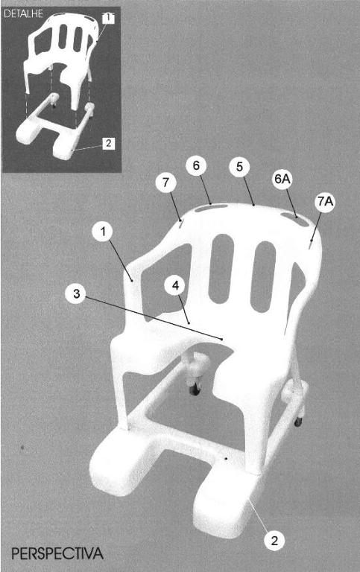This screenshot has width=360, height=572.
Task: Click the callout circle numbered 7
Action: pyautogui.click(x=166, y=182)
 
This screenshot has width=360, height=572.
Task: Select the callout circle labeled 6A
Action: pyautogui.click(x=282, y=179)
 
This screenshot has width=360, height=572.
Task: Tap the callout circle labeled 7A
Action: pyautogui.click(x=324, y=202)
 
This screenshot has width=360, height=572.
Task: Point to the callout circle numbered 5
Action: pyautogui.click(x=239, y=167)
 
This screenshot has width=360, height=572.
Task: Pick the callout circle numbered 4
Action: pyautogui.click(x=175, y=285)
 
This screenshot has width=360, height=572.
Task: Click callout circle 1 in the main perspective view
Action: pyautogui.click(x=103, y=232)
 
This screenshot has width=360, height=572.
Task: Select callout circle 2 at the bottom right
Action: pyautogui.click(x=274, y=541)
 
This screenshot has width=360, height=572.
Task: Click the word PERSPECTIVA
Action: pyautogui.click(x=57, y=553)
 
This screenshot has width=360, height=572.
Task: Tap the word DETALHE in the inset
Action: pyautogui.click(x=23, y=14)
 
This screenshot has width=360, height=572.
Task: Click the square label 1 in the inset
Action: pyautogui.click(x=108, y=17)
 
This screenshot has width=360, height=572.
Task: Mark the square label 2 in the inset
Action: pyautogui.click(x=108, y=143)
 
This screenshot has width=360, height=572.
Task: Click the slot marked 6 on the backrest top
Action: pyautogui.click(x=211, y=208)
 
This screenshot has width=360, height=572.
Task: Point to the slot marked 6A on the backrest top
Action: pyautogui.click(x=294, y=217)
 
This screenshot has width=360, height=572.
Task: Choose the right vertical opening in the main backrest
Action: pyautogui.click(x=264, y=276)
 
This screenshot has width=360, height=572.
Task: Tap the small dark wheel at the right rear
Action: pyautogui.click(x=298, y=422)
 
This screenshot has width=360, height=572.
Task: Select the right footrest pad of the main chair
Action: pyautogui.click(x=223, y=501)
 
